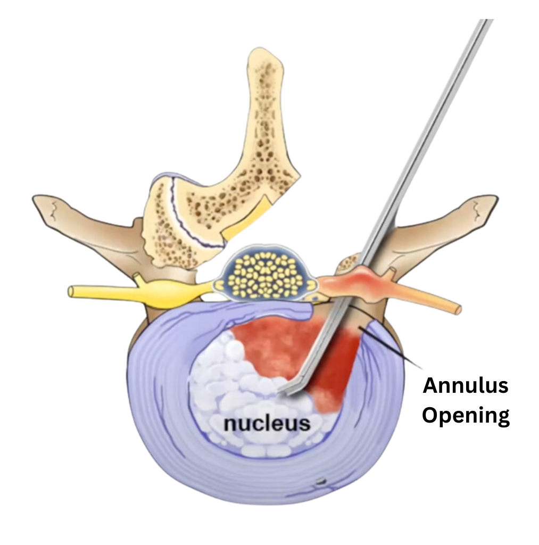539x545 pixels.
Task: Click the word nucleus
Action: tap(267, 423)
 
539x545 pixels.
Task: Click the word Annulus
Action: tap(466, 386)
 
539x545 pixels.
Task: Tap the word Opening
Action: tap(466, 415)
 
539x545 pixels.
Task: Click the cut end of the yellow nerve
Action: tap(71, 291)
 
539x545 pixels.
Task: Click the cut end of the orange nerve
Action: tap(458, 309)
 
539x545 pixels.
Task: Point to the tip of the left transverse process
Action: tap(35, 199)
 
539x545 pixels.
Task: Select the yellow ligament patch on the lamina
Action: tap(250, 218)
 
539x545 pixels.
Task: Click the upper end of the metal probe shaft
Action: tap(488, 21)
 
